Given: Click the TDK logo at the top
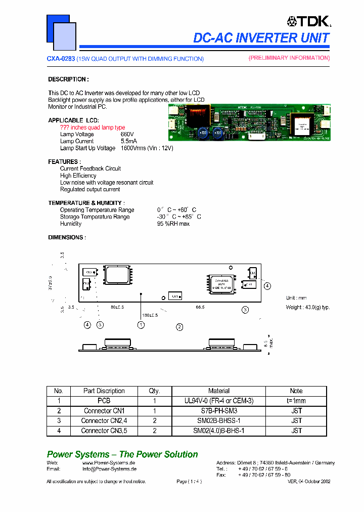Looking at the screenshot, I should (308, 21).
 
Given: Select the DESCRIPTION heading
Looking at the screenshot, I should (68, 79).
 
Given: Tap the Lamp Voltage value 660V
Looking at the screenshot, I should (127, 135).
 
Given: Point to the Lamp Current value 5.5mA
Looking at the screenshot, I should (129, 141).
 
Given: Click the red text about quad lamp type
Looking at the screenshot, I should (93, 127).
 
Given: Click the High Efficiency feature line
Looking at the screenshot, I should (78, 176).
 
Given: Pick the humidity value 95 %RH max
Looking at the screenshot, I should (173, 224).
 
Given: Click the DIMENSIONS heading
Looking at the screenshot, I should (67, 237).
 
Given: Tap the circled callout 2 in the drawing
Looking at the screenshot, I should (179, 327).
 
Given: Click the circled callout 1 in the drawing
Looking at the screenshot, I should (141, 325).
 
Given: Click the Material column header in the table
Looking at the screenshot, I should (218, 391).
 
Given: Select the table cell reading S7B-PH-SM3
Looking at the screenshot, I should (218, 411).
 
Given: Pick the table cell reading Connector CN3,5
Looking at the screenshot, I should (104, 431).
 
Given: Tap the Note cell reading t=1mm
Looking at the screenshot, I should (296, 401).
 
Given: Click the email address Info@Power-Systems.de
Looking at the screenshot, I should (108, 468).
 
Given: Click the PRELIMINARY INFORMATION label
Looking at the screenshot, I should (289, 58).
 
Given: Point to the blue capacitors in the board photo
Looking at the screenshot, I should (210, 133).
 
